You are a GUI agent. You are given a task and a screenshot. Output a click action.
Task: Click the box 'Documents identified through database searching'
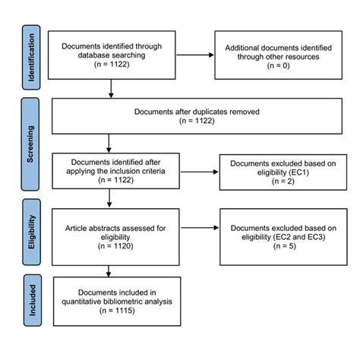(111, 54)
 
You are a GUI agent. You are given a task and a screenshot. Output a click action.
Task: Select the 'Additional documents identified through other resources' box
(273, 54)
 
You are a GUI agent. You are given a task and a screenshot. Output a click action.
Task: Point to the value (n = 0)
(273, 67)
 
